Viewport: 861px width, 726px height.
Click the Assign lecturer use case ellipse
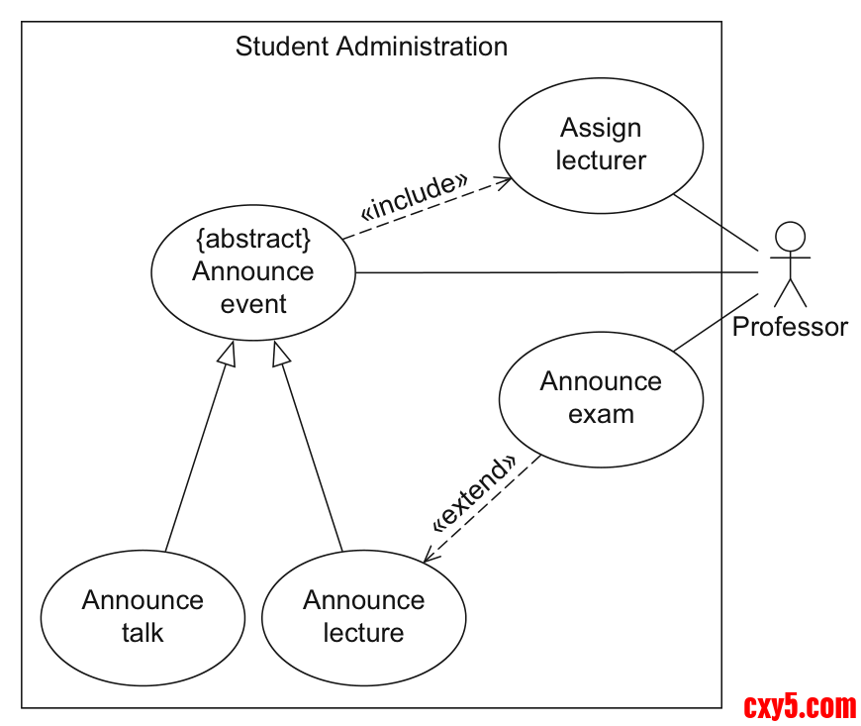coord(601,145)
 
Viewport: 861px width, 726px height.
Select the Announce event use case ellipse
coord(253,272)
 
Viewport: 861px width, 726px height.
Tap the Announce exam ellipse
coord(601,398)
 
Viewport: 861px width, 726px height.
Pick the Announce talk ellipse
coord(143,617)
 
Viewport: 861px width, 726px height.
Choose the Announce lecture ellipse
coord(363,617)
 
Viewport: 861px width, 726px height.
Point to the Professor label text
coord(790,327)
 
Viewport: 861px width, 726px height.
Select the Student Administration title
coord(371,47)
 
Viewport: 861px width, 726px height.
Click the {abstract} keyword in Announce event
coord(253,239)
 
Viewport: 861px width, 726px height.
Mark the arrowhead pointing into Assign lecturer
coord(506,182)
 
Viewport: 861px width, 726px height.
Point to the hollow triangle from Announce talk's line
coord(229,354)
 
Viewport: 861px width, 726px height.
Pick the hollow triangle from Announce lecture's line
coord(280,354)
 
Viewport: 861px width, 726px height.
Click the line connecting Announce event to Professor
coord(554,271)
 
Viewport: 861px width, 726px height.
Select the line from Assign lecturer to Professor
coord(715,219)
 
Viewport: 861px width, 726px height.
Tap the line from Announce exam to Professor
coord(717,322)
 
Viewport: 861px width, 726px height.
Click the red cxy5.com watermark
coord(800,707)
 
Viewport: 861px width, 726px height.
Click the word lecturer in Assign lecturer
coord(601,160)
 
